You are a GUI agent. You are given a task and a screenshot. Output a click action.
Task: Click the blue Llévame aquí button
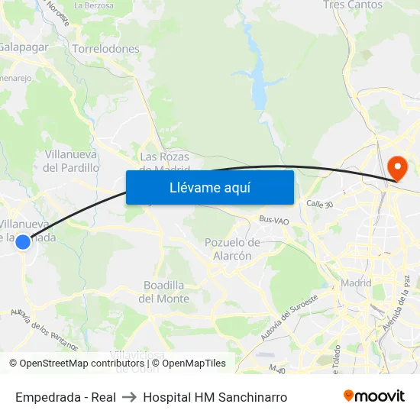[x=209, y=187]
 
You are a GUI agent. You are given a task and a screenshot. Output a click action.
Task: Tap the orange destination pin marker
[x=398, y=166]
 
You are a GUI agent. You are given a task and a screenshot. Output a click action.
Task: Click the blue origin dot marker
[x=23, y=242]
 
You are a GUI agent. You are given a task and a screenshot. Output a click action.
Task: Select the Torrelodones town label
[x=105, y=49]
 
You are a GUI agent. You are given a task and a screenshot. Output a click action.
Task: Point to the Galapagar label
[x=23, y=47]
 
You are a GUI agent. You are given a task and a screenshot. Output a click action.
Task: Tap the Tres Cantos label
[x=353, y=5]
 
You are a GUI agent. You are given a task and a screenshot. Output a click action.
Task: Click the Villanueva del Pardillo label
[x=72, y=160]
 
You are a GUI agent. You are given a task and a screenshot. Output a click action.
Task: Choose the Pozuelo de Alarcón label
[x=233, y=249]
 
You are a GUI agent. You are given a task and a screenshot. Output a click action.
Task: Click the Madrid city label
[x=356, y=283]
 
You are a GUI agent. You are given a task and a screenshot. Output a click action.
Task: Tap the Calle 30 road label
[x=319, y=204]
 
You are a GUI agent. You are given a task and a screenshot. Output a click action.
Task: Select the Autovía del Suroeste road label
[x=289, y=318]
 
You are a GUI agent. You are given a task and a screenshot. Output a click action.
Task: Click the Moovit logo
[x=374, y=396]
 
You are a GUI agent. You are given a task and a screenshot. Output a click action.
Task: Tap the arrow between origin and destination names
[x=129, y=397]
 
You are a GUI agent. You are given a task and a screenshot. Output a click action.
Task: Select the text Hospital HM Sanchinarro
[x=215, y=397]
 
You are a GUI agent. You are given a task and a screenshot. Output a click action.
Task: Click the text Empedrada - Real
[x=66, y=397]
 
